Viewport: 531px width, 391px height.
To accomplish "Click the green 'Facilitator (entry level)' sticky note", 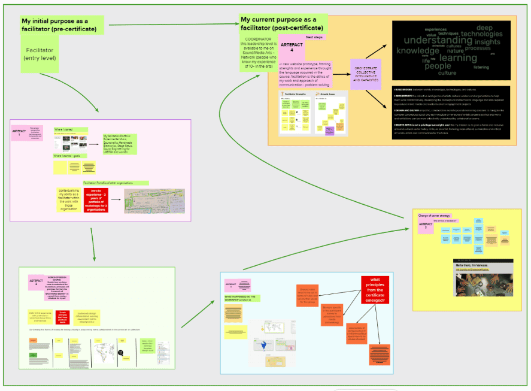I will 40,54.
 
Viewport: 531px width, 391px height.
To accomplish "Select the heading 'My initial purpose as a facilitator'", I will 62,25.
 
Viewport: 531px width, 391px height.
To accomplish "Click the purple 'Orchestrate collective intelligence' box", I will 365,74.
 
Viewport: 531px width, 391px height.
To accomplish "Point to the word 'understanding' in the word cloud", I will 438,40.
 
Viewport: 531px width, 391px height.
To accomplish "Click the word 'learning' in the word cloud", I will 458,57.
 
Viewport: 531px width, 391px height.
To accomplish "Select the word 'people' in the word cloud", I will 438,66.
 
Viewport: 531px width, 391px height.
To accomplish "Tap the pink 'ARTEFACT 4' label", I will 292,47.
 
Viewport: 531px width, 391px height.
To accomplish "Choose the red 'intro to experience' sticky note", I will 96,201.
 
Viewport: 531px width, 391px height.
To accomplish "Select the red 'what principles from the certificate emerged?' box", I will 375,290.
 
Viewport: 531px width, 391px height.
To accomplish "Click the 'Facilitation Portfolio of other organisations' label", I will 115,182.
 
